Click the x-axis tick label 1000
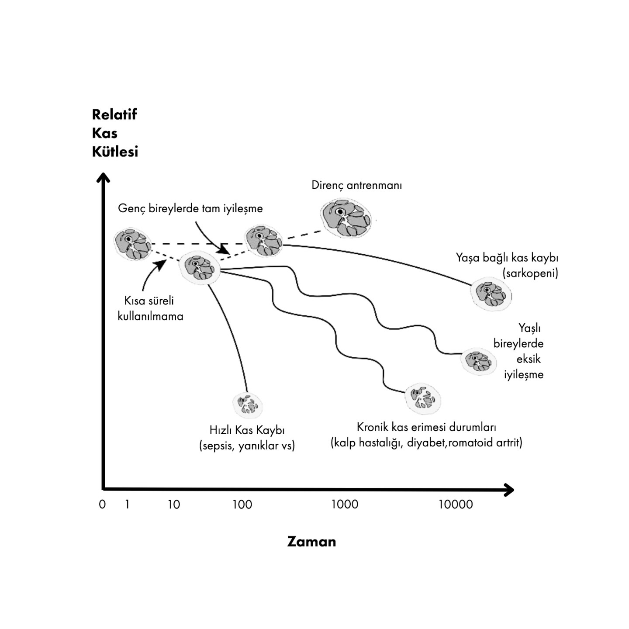(345, 505)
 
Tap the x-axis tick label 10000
(456, 505)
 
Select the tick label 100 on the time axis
(242, 505)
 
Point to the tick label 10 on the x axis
(174, 505)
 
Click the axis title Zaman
(311, 542)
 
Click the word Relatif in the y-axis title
(114, 114)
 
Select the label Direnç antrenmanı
(356, 185)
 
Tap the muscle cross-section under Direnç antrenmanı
(346, 218)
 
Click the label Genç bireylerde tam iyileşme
(190, 208)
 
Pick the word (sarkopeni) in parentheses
(530, 273)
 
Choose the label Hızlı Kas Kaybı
(247, 430)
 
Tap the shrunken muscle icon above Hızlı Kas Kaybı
(248, 404)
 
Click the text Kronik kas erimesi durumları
(426, 427)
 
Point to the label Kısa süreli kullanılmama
(150, 308)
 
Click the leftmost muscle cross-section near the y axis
(133, 244)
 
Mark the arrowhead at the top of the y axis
(103, 177)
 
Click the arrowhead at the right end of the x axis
(508, 490)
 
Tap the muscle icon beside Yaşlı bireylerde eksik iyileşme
(478, 361)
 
